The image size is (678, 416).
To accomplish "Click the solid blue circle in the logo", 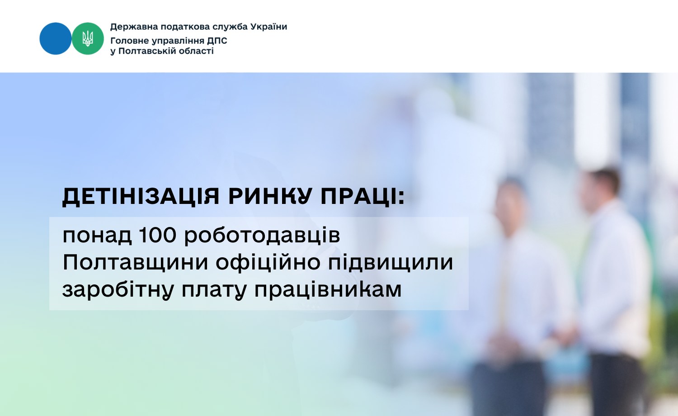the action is click(x=56, y=38).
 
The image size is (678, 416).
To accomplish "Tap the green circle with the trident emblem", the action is click(x=88, y=38).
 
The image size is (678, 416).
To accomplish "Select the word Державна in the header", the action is click(x=134, y=27).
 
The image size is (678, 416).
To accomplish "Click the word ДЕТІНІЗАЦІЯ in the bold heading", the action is click(x=141, y=197).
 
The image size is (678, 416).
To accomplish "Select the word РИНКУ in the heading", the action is click(x=270, y=196).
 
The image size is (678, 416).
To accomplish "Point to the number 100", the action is click(x=158, y=235).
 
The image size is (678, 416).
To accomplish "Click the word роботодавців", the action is click(x=262, y=236).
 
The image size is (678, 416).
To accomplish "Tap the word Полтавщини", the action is click(x=135, y=263).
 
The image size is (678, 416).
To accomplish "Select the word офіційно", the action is click(x=268, y=262).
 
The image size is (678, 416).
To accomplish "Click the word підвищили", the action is click(x=391, y=263).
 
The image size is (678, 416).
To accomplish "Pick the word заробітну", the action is click(x=118, y=290).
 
